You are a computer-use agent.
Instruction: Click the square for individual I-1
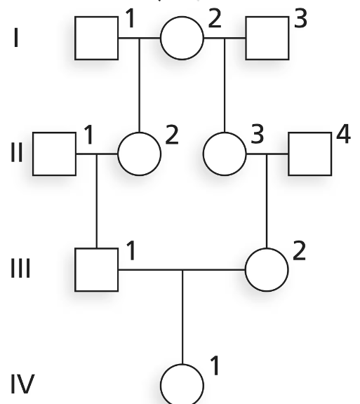[x=96, y=38]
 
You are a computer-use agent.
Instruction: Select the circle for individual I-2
[x=182, y=38]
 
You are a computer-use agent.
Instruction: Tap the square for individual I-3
[x=267, y=38]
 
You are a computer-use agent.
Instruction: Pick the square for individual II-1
[x=54, y=154]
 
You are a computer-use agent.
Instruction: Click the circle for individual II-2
[x=139, y=154]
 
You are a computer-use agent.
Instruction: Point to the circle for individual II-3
[x=225, y=154]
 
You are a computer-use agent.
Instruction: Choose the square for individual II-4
[x=309, y=154]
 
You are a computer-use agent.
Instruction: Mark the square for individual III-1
[x=96, y=270]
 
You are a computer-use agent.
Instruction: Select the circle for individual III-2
[x=267, y=270]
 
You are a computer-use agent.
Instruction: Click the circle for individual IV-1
[x=182, y=384]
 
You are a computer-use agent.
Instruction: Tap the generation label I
[x=16, y=38]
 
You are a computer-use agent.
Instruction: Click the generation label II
[x=17, y=152]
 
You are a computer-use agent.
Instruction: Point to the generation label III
[x=20, y=269]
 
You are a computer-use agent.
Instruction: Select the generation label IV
[x=22, y=384]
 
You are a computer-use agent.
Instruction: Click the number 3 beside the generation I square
[x=300, y=18]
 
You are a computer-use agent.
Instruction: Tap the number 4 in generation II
[x=343, y=133]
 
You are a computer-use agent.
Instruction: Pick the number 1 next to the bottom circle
[x=215, y=365]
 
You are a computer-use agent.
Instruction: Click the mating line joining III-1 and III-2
[x=182, y=270]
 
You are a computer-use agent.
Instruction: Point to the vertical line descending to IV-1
[x=182, y=317]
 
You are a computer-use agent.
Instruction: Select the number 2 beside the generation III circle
[x=299, y=250]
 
